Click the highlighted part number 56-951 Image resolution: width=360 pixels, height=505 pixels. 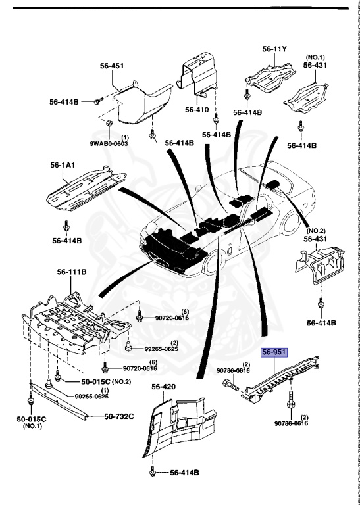point(274,352)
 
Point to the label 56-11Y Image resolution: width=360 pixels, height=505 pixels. point(275,49)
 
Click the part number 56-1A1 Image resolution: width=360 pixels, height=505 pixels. point(63,166)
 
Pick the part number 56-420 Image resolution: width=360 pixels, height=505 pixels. point(164,387)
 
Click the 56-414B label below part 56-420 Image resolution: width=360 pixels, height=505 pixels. point(184,472)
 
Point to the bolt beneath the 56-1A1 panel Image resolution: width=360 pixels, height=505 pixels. point(66,227)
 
